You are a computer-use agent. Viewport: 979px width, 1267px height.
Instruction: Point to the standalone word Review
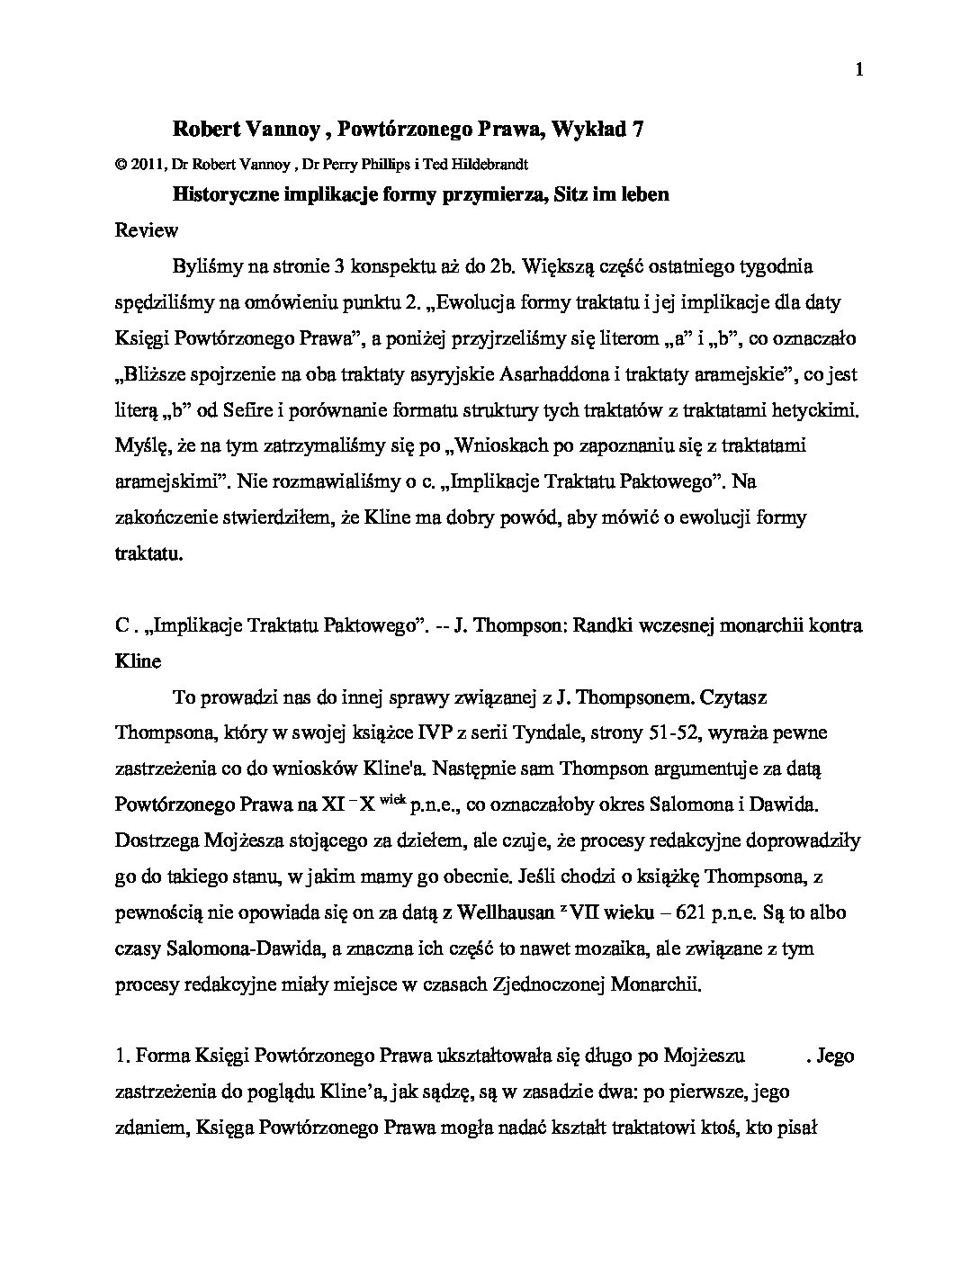147,230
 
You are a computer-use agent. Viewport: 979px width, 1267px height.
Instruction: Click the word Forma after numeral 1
159,1056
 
